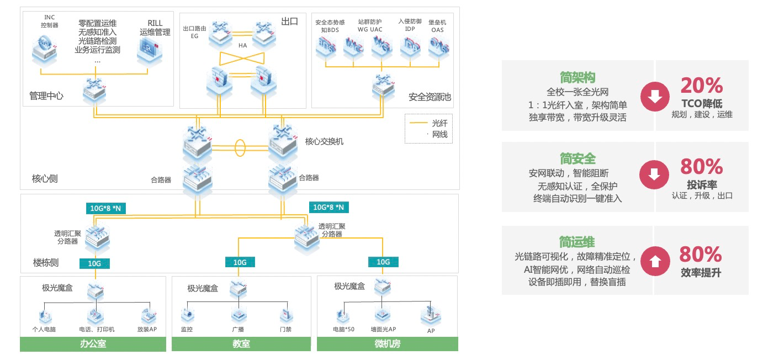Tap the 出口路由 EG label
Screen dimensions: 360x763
tap(194, 32)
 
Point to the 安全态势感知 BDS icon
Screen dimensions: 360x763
tap(326, 47)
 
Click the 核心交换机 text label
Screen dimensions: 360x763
tap(324, 141)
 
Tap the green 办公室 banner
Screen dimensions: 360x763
tap(93, 344)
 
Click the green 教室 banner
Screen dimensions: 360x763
tap(241, 344)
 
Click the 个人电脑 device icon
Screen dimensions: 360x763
tap(46, 316)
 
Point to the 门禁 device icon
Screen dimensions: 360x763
tap(285, 315)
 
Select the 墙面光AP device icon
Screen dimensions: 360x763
tap(383, 315)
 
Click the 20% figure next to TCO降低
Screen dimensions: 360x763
tap(701, 86)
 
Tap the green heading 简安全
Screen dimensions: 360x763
tap(577, 159)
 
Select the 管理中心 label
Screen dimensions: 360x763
tap(46, 96)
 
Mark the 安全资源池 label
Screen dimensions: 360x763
tap(430, 97)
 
